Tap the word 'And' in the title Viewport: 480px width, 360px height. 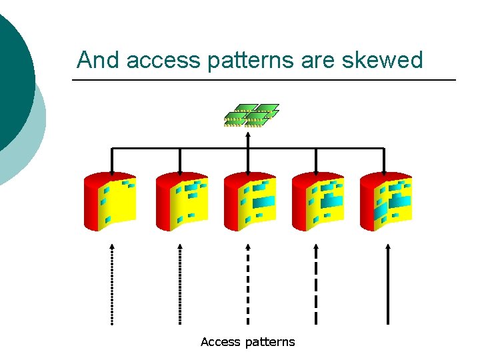pyautogui.click(x=98, y=60)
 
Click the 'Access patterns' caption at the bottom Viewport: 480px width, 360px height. pyautogui.click(x=247, y=342)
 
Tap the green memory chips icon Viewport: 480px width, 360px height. pyautogui.click(x=250, y=115)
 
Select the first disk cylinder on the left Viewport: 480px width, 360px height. pyautogui.click(x=109, y=201)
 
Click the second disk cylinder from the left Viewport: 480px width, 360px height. pyautogui.click(x=181, y=201)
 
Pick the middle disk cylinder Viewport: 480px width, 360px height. pyautogui.click(x=249, y=201)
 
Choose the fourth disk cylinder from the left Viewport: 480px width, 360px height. pyautogui.click(x=318, y=201)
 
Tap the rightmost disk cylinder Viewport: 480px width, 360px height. pyautogui.click(x=385, y=201)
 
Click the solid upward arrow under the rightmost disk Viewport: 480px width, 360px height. pyautogui.click(x=388, y=284)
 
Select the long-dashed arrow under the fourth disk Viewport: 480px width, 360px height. pyautogui.click(x=317, y=284)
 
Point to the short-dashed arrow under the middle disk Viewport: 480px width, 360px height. pyautogui.click(x=248, y=284)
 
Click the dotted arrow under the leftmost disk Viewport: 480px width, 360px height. pyautogui.click(x=112, y=284)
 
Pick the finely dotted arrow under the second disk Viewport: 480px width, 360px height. pyautogui.click(x=180, y=284)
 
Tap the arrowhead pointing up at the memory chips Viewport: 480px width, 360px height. pyautogui.click(x=248, y=133)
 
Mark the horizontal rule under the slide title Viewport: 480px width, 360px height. pyautogui.click(x=263, y=81)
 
